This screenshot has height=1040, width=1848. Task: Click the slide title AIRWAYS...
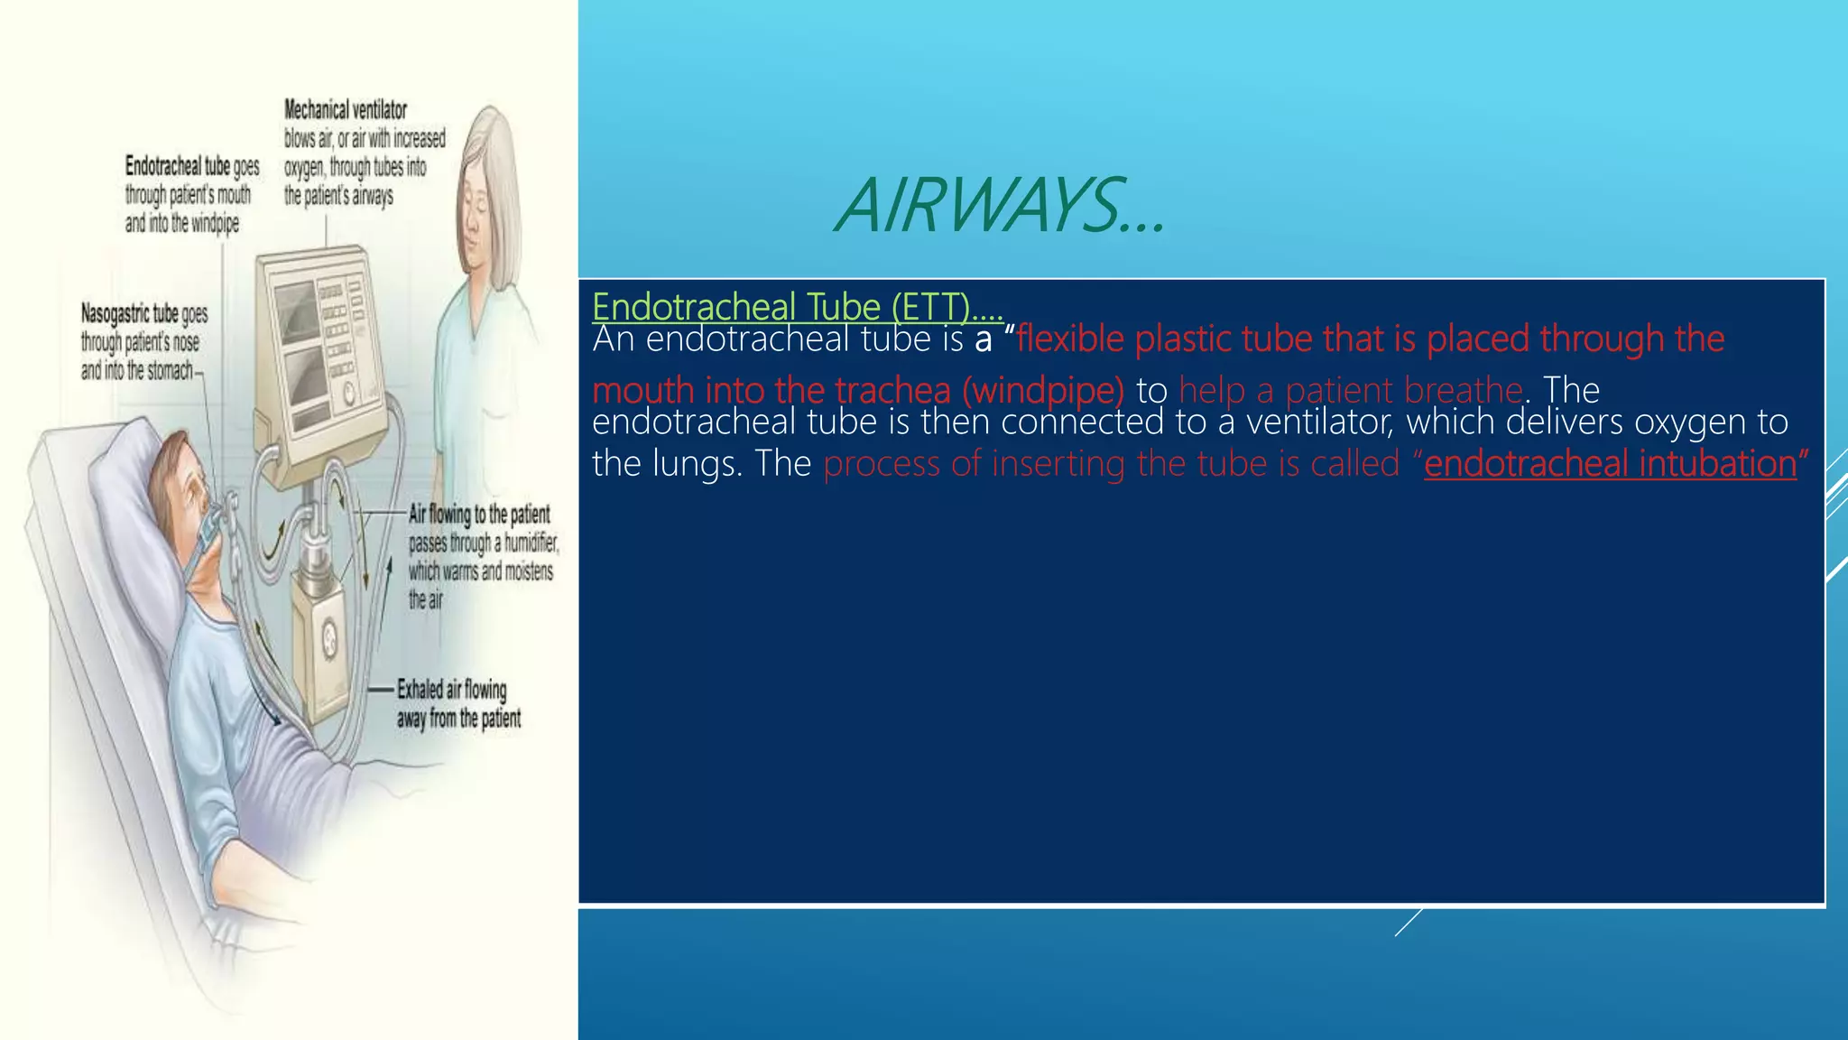1000,206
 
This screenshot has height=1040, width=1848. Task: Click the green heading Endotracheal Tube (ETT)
797,307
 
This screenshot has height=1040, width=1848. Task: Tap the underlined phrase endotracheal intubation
1610,464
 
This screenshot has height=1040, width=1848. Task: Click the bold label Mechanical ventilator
346,110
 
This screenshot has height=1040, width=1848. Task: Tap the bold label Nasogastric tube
130,313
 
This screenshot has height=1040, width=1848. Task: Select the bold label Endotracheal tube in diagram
178,166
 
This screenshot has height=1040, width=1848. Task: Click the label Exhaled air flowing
452,690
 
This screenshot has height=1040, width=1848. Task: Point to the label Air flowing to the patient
479,515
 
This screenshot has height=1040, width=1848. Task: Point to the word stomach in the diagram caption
168,370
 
